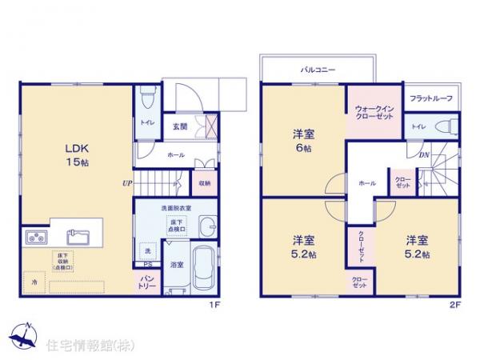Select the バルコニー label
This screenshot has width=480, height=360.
click(318, 70)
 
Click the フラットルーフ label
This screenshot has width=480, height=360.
click(432, 98)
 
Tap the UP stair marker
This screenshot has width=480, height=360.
click(126, 182)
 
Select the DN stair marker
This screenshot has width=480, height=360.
click(424, 155)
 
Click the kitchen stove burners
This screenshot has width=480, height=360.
click(36, 237)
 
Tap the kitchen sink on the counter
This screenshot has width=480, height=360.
click(78, 236)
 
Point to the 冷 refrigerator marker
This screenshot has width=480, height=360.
click(34, 282)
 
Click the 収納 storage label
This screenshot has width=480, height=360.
click(204, 183)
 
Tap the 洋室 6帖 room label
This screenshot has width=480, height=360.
click(303, 141)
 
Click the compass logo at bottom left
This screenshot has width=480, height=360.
click(24, 335)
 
